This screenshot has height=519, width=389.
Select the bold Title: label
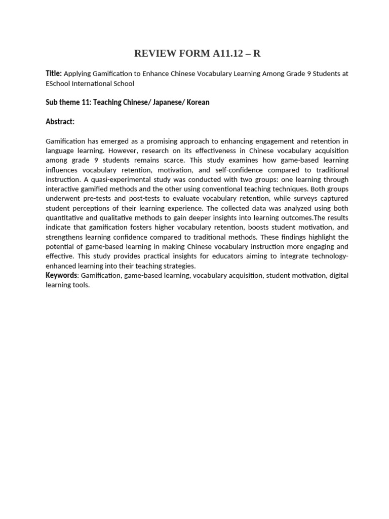coord(54,73)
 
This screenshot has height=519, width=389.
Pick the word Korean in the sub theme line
coord(198,102)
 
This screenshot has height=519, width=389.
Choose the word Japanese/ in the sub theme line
coord(169,102)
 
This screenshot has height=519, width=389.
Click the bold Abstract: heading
coord(60,122)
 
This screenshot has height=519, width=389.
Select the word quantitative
coord(64,218)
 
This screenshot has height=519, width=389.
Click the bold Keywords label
coord(61,275)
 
